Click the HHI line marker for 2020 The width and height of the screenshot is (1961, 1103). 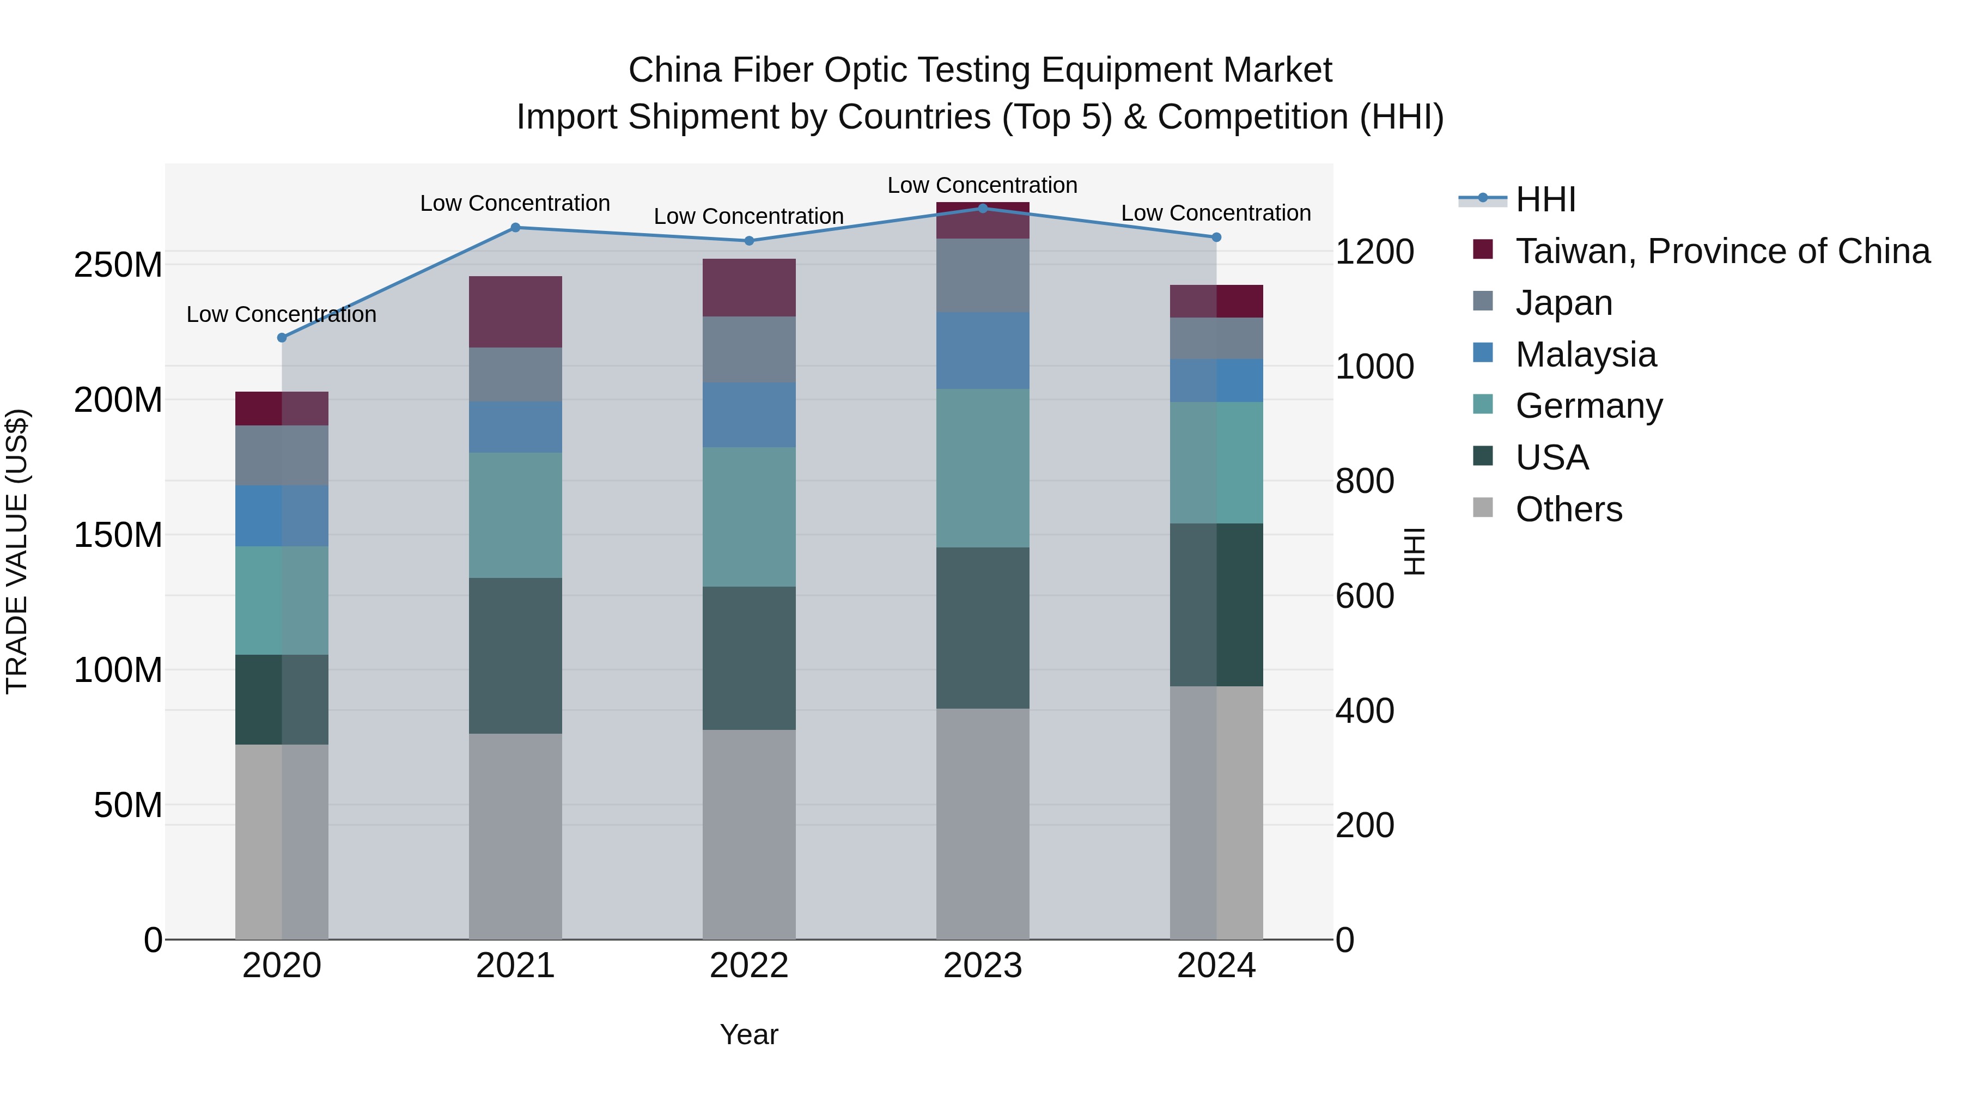(282, 337)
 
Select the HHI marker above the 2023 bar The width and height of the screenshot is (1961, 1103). (982, 208)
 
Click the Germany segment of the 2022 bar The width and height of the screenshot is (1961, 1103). (748, 516)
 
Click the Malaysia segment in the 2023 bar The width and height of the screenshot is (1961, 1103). (982, 350)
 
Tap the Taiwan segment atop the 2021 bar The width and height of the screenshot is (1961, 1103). (515, 312)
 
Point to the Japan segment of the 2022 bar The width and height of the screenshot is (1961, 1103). (748, 349)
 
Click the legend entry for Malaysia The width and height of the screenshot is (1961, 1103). (1585, 355)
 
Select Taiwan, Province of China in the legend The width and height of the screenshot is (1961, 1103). (1722, 251)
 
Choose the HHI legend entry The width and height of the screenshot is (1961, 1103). (1545, 199)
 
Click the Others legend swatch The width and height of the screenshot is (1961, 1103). (1483, 508)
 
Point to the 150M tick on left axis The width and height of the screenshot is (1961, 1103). (118, 535)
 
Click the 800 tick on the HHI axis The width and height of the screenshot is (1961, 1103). (1364, 481)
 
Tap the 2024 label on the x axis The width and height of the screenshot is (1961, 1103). (1216, 966)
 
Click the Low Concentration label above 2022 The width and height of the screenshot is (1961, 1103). (748, 216)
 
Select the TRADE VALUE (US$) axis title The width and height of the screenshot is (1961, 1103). (17, 551)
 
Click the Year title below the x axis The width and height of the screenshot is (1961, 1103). (748, 1034)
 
